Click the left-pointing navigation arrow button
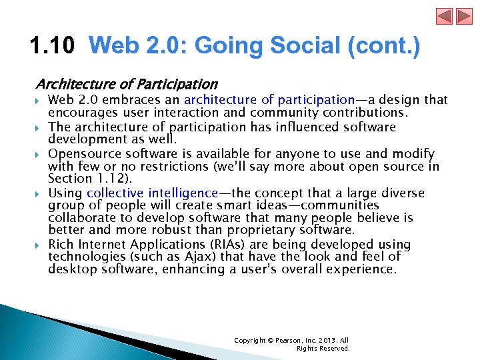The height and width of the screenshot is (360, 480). click(444, 16)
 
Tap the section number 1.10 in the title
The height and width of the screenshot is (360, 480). click(53, 47)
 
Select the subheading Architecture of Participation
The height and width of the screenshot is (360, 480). click(126, 84)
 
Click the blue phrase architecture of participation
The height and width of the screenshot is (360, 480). click(269, 100)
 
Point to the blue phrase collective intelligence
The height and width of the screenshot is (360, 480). click(152, 193)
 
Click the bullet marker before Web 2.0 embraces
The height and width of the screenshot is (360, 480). click(39, 101)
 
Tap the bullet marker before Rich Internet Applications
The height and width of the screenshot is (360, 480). click(39, 245)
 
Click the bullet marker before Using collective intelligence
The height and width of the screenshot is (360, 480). click(39, 194)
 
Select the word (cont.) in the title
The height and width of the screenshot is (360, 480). click(388, 47)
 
